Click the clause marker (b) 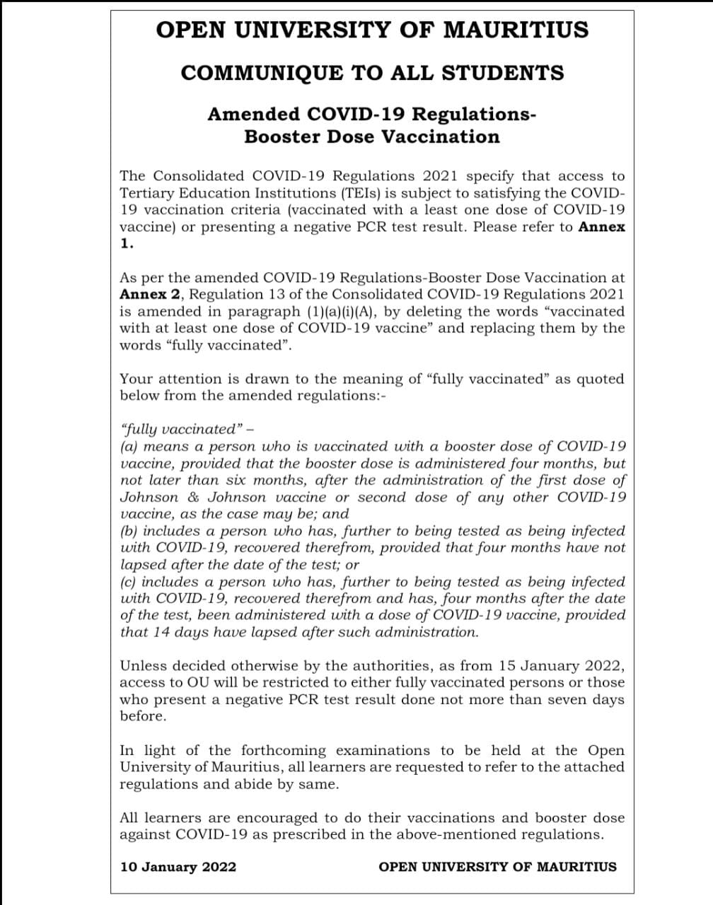(129, 531)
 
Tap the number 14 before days (161, 632)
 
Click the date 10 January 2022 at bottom (178, 867)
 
